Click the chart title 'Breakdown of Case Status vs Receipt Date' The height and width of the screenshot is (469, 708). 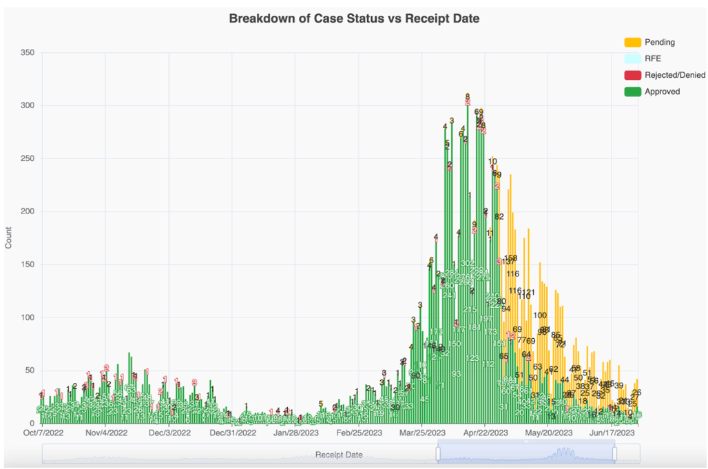(x=354, y=19)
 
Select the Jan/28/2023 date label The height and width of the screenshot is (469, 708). (x=295, y=433)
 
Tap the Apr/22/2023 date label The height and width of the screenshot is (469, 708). (x=485, y=433)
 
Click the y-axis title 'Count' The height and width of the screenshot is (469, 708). (x=8, y=238)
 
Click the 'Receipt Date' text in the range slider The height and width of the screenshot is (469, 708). (x=339, y=455)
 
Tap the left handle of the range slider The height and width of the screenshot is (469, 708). (x=437, y=454)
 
